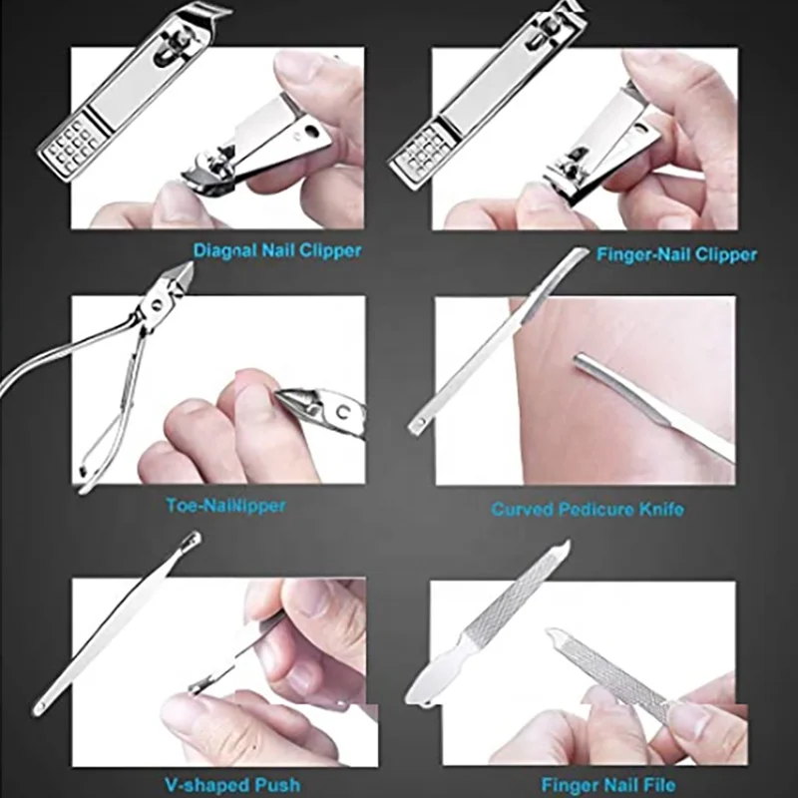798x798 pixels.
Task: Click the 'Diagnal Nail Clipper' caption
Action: coord(277,250)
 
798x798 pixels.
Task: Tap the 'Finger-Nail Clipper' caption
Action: coord(676,254)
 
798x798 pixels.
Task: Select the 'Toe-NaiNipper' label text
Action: coord(225,505)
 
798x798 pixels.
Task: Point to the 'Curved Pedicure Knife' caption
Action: coord(588,509)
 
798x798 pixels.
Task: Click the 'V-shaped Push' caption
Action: coord(232,785)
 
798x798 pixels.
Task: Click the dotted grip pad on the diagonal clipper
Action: coord(71,146)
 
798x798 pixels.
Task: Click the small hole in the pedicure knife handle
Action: coord(417,426)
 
